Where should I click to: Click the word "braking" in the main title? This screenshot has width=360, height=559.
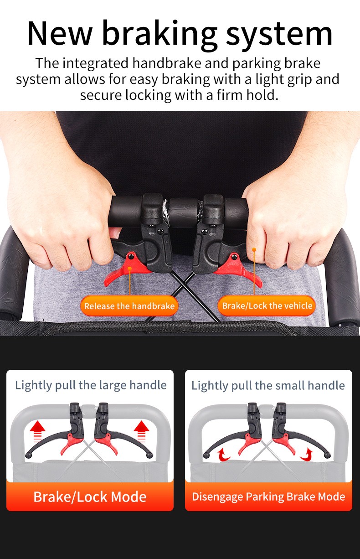point(159,35)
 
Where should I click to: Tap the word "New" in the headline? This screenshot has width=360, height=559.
point(59,33)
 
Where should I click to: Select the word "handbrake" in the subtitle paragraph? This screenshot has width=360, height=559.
point(167,63)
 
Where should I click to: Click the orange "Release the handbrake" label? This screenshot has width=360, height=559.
point(129,305)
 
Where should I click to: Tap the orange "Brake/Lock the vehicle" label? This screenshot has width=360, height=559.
point(267,305)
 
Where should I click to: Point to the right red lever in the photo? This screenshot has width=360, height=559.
point(238,269)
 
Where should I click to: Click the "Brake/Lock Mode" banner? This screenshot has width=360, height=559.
point(90,497)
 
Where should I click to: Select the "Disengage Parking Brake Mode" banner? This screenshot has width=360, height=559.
point(268,497)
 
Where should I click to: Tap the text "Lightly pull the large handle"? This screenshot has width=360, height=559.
point(91,386)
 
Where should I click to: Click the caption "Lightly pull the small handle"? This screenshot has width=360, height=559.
point(268,386)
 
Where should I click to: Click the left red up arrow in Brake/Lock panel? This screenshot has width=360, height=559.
point(37,431)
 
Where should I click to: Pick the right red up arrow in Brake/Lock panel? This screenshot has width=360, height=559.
point(141,431)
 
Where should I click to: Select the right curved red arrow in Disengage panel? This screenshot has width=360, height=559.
point(307,455)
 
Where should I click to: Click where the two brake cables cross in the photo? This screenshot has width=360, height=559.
point(182,285)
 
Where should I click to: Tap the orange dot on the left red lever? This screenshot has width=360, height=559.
point(130,269)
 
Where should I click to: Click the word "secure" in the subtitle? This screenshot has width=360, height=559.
point(101,95)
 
